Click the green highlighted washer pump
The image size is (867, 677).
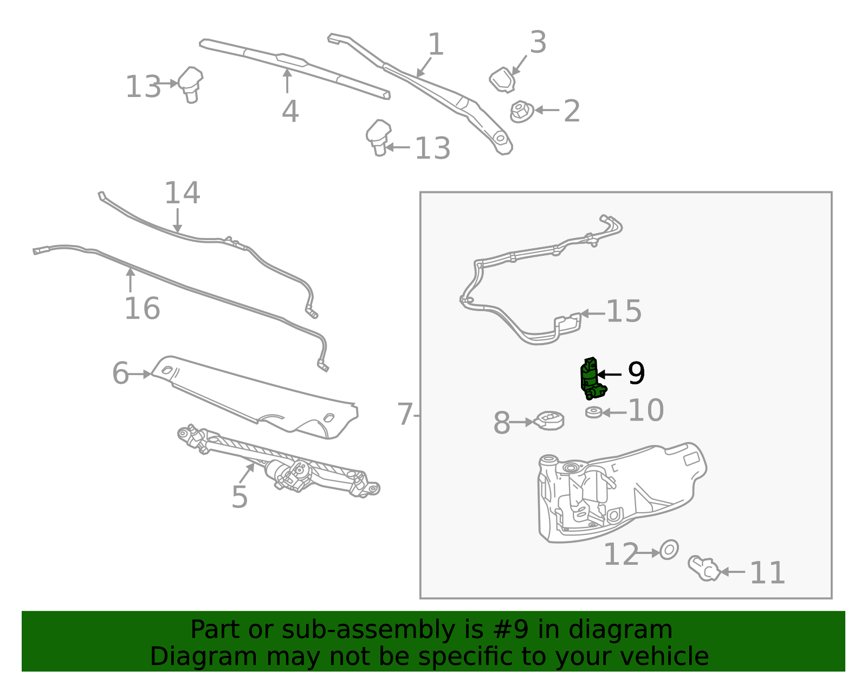[x=591, y=378]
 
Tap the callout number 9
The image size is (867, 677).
[x=636, y=373]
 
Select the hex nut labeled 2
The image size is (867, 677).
[x=521, y=112]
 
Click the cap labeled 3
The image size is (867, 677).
[x=502, y=80]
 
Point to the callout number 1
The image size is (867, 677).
[x=436, y=44]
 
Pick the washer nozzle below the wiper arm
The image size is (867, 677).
[x=378, y=137]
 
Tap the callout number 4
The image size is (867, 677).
[x=290, y=111]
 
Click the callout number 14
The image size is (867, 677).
[x=182, y=193]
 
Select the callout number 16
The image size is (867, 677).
[x=142, y=308]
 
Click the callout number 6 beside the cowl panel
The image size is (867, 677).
[x=120, y=373]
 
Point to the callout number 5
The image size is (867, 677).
[x=239, y=497]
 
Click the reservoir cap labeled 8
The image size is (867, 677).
[x=549, y=420]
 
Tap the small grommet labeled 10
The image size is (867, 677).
[x=594, y=412]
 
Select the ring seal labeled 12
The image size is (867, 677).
[x=669, y=550]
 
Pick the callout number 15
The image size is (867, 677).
[x=624, y=311]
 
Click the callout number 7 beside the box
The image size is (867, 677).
[x=404, y=415]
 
